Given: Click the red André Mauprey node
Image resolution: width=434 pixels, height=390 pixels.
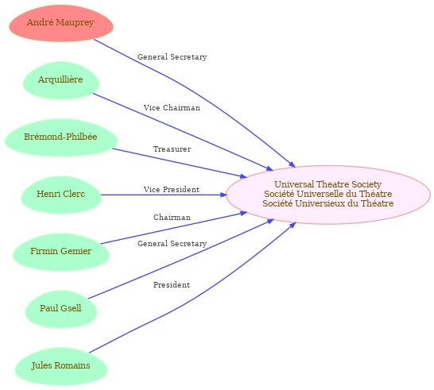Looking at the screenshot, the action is (61, 23).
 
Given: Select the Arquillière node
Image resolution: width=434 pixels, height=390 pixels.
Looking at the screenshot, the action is (61, 80).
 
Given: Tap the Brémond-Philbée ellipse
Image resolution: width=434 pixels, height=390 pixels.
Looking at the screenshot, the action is (61, 137).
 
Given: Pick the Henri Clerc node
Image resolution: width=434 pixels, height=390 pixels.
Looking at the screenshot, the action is (61, 195).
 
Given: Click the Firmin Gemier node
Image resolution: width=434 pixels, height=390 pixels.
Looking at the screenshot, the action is (61, 253).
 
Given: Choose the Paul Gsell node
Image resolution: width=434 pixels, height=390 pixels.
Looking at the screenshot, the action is (61, 310).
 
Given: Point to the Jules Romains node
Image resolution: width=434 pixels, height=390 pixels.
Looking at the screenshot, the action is (61, 367).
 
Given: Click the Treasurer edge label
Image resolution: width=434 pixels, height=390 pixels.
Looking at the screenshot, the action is (172, 149).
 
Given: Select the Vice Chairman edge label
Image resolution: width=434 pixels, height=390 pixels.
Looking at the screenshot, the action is (172, 108).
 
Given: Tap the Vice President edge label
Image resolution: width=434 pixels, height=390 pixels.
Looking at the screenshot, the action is (172, 190).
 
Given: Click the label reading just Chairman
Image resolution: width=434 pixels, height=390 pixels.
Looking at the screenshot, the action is (172, 218).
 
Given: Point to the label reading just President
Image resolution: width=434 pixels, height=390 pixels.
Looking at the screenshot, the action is (172, 285).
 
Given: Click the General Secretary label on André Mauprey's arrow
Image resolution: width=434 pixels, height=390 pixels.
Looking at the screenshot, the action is (172, 57).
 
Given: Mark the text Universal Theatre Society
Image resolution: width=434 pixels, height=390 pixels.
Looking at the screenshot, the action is (328, 184).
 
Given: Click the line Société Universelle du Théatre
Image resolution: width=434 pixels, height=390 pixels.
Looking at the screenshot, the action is (328, 194).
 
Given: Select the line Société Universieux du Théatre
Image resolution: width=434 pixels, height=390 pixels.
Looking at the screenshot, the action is (328, 203).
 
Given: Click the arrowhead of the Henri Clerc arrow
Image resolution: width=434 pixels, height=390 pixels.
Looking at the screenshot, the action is (223, 195).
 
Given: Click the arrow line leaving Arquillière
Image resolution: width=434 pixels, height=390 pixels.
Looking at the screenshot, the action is (184, 133).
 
